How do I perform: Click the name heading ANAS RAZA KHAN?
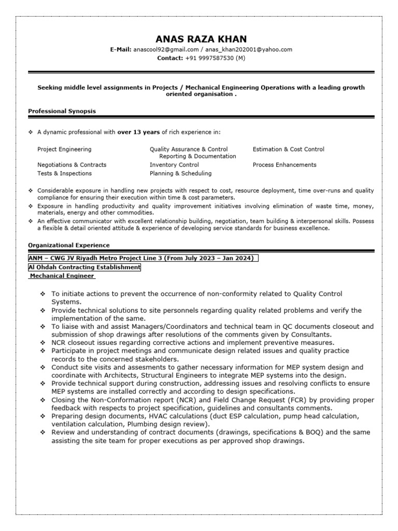pos(201,39)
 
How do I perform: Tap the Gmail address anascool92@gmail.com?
pos(166,50)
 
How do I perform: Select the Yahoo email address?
pos(249,50)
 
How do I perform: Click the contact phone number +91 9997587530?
pos(209,58)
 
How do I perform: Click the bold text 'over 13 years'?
pos(138,132)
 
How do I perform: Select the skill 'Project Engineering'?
pos(64,149)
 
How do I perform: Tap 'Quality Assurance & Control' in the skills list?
pos(188,149)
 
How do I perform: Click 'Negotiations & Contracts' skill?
pos(72,165)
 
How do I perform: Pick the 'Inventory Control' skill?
pos(174,165)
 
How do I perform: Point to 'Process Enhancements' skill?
pos(284,165)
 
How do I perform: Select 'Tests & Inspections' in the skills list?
pos(64,173)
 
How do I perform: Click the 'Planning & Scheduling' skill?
pos(180,173)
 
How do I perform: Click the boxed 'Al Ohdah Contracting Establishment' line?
pos(84,267)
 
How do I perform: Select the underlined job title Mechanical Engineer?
pos(61,276)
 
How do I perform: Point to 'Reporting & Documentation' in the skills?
pos(197,156)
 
